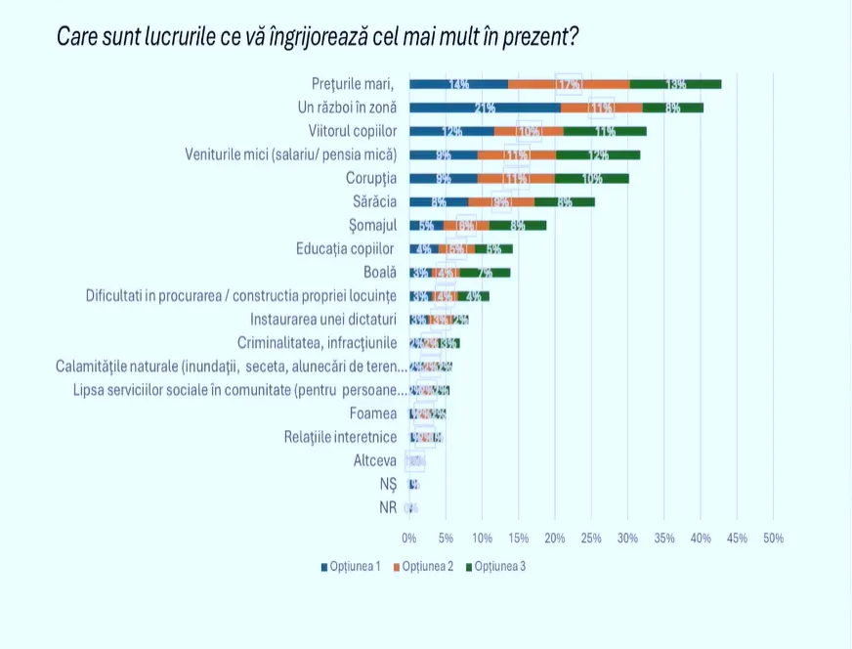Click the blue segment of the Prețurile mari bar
(458, 84)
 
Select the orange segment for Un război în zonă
(601, 108)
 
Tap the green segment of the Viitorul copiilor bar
(605, 131)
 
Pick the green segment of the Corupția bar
(592, 178)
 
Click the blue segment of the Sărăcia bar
(439, 202)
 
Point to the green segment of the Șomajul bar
(518, 226)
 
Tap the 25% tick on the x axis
(591, 539)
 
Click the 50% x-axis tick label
(773, 539)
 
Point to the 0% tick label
(409, 539)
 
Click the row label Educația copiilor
(346, 249)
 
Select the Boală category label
(380, 273)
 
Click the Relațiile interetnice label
(340, 437)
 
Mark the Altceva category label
(374, 460)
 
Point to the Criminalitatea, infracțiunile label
(317, 343)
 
